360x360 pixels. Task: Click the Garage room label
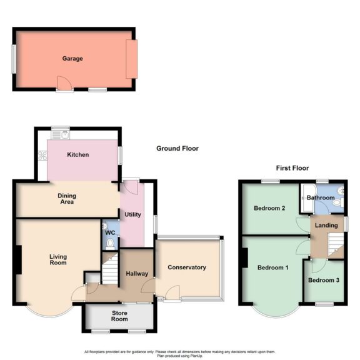pyautogui.click(x=72, y=59)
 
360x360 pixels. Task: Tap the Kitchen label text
pyautogui.click(x=78, y=154)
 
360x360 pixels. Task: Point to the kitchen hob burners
pyautogui.click(x=42, y=156)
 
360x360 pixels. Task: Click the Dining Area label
pyautogui.click(x=67, y=199)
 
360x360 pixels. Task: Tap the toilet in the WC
pyautogui.click(x=110, y=243)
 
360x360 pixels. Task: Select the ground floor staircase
pyautogui.click(x=111, y=269)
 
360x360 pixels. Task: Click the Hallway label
pyautogui.click(x=136, y=273)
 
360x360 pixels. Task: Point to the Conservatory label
pyautogui.click(x=186, y=267)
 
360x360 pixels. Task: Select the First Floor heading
pyautogui.click(x=292, y=168)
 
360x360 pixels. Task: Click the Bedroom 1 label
pyautogui.click(x=272, y=268)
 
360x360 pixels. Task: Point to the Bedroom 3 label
pyautogui.click(x=324, y=280)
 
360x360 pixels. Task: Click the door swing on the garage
pyautogui.click(x=62, y=82)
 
